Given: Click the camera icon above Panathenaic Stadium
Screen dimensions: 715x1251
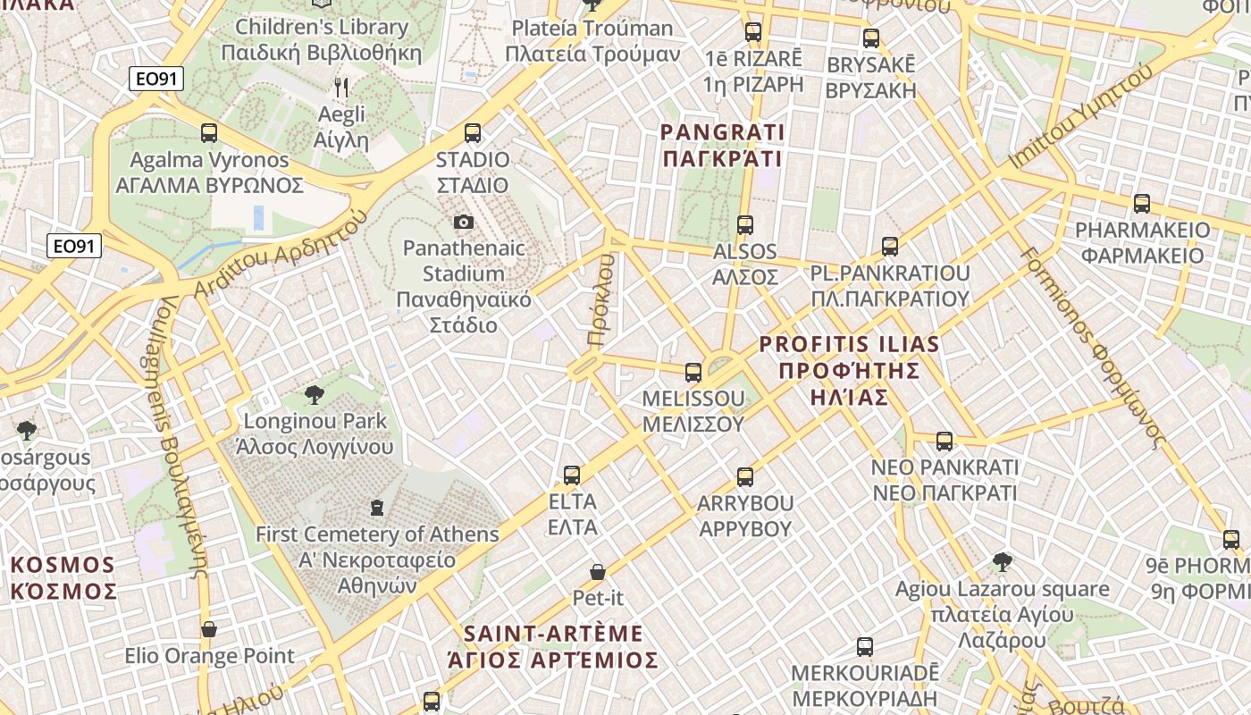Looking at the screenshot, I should coord(463,222).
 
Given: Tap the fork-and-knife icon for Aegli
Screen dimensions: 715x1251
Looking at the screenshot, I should coord(340,87).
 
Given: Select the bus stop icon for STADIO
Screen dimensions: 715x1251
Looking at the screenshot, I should coord(473,133).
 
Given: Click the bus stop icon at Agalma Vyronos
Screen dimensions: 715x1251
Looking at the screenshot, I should coord(209,133).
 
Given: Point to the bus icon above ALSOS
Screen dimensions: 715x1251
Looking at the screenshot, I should coord(745,225).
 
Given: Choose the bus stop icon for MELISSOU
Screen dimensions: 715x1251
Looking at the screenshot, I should coord(693,372).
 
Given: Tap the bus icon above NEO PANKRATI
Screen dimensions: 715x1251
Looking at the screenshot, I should coord(945,441).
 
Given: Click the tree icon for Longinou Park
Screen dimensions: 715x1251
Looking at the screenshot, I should coord(315,394).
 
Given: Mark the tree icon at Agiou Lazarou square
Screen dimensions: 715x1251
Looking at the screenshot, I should coord(1003,562).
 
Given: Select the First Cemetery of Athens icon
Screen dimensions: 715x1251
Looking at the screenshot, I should coord(377,508).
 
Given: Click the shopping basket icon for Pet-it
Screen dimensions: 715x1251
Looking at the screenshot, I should coord(598,571).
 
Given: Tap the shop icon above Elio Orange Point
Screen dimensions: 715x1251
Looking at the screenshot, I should coord(209,629).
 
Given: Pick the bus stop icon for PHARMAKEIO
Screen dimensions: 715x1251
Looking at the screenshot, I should coord(1141,204).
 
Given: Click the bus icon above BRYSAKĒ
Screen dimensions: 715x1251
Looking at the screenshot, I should coord(871,38).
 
